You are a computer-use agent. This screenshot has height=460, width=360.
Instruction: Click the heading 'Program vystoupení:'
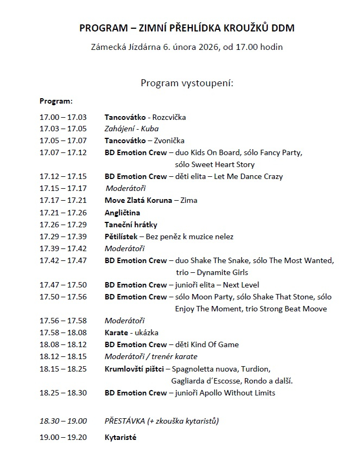[187, 83]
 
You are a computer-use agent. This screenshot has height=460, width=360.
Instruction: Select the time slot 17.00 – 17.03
[63, 117]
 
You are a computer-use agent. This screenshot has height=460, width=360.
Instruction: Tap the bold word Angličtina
[122, 213]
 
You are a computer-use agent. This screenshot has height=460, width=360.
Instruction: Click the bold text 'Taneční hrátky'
[131, 225]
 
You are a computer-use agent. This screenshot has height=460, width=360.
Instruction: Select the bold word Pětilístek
[122, 237]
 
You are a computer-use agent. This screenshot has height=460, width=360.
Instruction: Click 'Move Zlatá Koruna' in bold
[138, 201]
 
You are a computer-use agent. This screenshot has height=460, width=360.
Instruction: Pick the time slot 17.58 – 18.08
[63, 333]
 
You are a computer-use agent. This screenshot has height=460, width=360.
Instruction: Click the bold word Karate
[116, 333]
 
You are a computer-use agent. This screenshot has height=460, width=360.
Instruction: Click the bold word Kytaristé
[121, 437]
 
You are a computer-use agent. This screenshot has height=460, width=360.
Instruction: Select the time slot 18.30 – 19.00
[63, 421]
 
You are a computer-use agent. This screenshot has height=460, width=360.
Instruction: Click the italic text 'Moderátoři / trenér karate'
[151, 356]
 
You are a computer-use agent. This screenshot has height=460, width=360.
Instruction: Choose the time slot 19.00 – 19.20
[63, 437]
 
